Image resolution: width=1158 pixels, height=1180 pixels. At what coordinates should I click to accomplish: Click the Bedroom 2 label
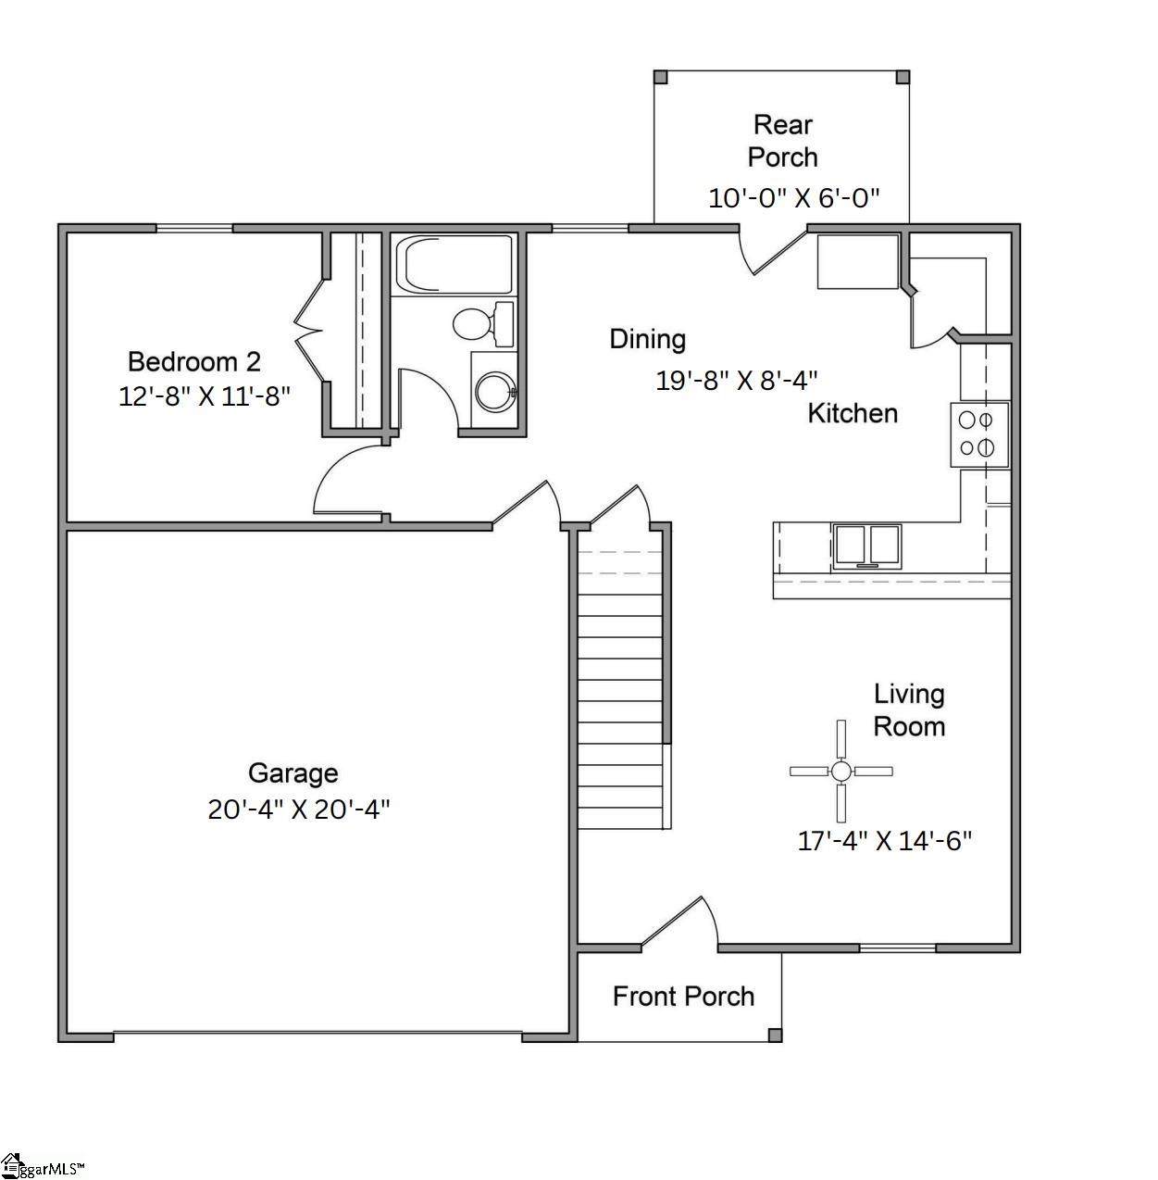[194, 361]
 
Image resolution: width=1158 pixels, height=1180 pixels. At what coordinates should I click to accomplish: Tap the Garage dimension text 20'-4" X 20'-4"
[299, 810]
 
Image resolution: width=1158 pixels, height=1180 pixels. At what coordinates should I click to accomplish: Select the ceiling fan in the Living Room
[840, 771]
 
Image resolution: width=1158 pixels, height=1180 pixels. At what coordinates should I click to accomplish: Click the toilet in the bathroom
[483, 322]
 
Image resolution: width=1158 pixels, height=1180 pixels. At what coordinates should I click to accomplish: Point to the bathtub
[454, 265]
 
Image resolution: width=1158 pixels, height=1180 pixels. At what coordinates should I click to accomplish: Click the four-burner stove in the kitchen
[979, 434]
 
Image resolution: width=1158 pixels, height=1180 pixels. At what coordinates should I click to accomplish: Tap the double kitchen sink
[866, 546]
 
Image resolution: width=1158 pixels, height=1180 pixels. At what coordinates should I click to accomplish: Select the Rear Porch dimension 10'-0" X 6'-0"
[794, 198]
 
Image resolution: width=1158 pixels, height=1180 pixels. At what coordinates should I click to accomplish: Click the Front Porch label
[684, 997]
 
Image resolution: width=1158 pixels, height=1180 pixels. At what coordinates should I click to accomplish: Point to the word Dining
[648, 340]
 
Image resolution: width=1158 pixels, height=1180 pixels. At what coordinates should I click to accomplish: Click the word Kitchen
[853, 413]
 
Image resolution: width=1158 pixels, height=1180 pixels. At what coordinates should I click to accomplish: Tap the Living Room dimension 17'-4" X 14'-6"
[884, 841]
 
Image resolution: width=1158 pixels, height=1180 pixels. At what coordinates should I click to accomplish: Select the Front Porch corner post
[775, 1035]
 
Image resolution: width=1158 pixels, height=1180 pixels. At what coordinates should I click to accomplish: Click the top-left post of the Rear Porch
[660, 77]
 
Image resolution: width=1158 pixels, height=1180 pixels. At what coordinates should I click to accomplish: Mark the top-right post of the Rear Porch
[903, 77]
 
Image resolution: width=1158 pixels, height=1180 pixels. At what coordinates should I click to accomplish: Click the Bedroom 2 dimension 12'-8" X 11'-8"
[204, 396]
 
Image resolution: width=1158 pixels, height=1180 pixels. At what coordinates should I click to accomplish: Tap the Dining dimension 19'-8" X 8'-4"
[736, 381]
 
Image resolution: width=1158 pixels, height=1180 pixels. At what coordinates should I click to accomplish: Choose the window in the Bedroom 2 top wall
[194, 229]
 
